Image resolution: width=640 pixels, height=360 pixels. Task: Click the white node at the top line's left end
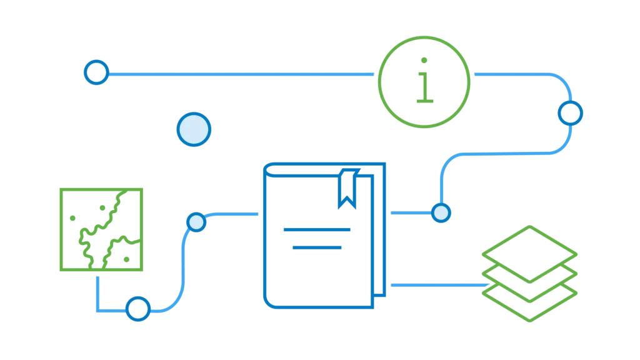96,72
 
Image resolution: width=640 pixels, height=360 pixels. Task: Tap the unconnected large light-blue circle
194,129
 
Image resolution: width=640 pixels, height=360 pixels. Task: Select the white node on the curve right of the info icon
570,113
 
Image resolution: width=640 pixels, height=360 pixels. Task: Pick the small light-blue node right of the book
441,212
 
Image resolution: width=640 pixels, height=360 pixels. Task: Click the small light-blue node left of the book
196,222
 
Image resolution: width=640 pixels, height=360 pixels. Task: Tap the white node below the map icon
137,309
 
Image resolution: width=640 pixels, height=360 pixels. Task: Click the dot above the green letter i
424,61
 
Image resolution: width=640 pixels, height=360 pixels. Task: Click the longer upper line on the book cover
317,231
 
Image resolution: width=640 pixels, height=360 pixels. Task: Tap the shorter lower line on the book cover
317,247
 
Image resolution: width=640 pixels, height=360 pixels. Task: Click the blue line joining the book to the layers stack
437,286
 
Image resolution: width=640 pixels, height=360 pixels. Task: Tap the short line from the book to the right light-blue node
410,212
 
